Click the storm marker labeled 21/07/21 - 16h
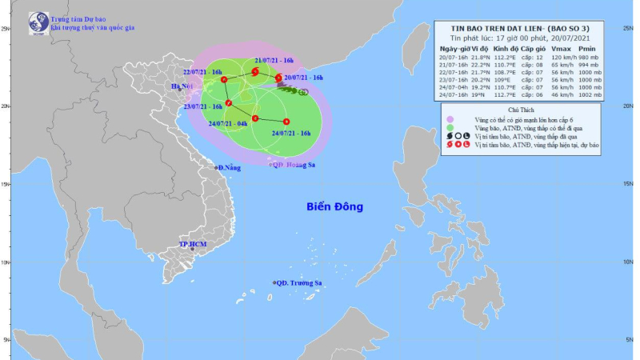click(254, 72)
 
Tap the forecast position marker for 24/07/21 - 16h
click(286, 122)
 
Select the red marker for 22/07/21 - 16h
click(224, 80)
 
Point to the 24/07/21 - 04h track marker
click(254, 119)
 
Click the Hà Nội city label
click(182, 86)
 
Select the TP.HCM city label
click(194, 243)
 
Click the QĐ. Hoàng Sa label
click(296, 165)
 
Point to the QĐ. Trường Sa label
click(298, 283)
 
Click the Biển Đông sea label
click(334, 207)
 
